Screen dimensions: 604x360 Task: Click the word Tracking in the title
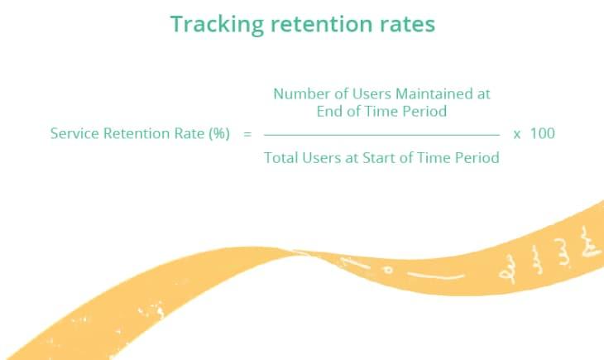(217, 25)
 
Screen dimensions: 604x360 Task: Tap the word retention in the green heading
(322, 24)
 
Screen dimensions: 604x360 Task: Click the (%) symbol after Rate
(219, 133)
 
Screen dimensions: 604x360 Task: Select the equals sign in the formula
(247, 134)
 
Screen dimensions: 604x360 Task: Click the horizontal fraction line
(381, 135)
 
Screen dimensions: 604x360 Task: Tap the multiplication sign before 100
(517, 135)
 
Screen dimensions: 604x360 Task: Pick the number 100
(543, 133)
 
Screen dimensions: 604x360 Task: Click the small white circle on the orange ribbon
(388, 270)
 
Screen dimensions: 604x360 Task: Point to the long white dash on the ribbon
(436, 276)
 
